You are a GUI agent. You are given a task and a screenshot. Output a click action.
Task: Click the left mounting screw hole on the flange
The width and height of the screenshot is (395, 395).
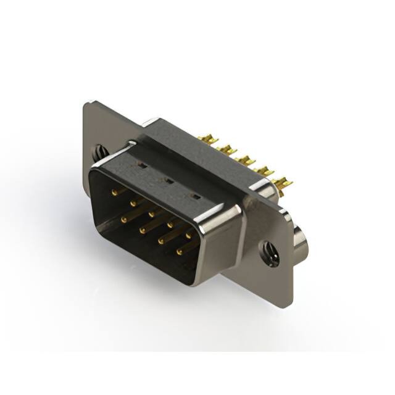point(101,151)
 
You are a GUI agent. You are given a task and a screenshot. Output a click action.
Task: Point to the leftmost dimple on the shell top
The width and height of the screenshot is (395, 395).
point(141,165)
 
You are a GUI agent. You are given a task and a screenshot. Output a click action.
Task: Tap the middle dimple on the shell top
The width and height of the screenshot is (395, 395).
point(167,180)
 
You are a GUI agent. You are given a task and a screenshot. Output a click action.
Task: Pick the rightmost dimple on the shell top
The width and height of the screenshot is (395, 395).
point(195,196)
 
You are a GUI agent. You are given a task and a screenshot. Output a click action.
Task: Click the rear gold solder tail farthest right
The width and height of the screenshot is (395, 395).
point(283,183)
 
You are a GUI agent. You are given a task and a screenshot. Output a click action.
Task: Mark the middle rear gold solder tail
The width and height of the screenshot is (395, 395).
point(246,161)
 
